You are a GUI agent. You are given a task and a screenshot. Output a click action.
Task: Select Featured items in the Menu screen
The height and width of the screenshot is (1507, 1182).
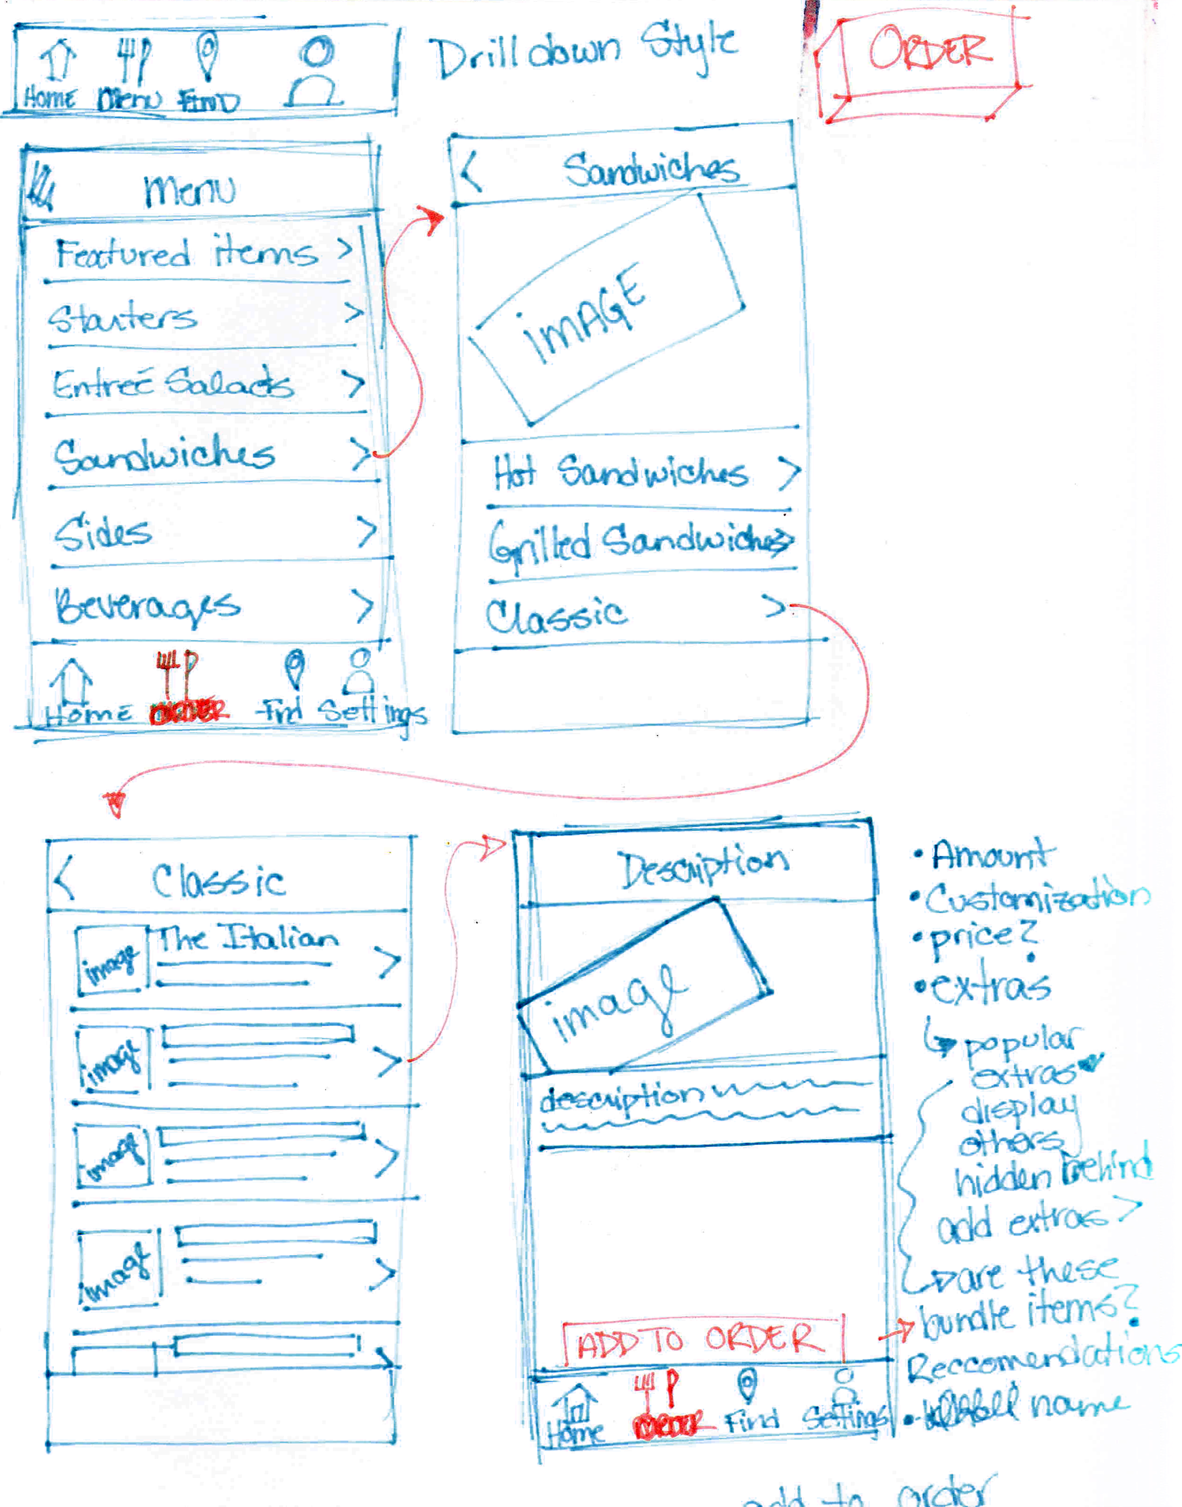click(x=187, y=252)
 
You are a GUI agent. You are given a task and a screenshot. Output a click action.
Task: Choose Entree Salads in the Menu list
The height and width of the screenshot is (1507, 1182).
click(x=173, y=384)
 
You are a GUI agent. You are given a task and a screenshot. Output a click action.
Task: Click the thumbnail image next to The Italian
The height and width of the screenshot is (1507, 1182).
click(x=111, y=961)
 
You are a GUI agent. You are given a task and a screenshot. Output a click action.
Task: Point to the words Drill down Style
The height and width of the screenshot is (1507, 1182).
click(x=585, y=52)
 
